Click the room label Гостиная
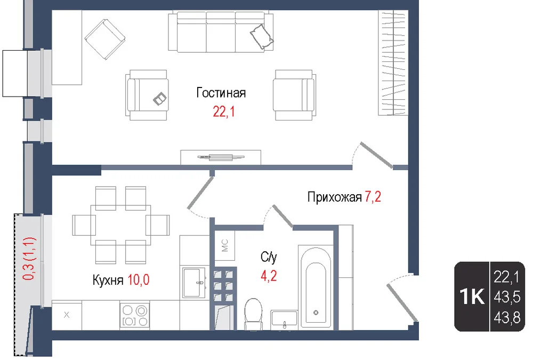[x=221, y=93]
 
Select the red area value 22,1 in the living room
[x=224, y=111]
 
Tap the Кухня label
[x=108, y=280]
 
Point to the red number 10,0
[x=139, y=279]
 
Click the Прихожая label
[x=335, y=197]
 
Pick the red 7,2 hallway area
[x=373, y=197]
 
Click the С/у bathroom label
[x=269, y=257]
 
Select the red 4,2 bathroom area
[x=269, y=276]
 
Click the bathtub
[x=316, y=287]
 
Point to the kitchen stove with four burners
[x=135, y=315]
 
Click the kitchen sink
[x=194, y=283]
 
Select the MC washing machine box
[x=225, y=245]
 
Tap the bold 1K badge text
[x=472, y=297]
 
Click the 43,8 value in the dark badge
[x=507, y=318]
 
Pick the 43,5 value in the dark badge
[x=507, y=298]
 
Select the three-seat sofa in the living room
[x=221, y=31]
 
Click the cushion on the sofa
[x=262, y=36]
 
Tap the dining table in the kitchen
[x=120, y=225]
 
